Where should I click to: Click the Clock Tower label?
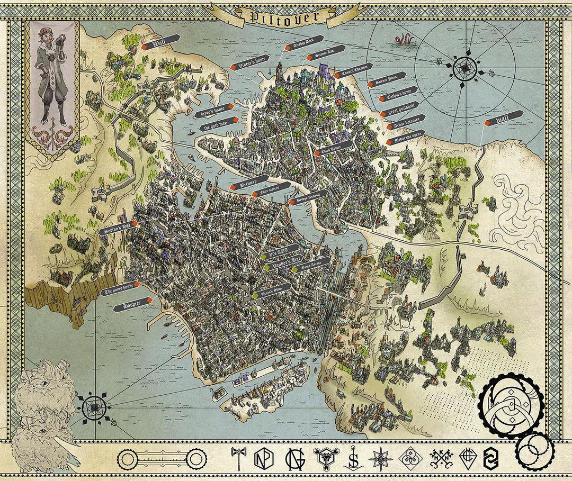click(x=334, y=147)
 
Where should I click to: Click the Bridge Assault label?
click(x=306, y=198)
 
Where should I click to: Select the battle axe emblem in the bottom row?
click(x=238, y=458)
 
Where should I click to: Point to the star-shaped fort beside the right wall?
click(x=469, y=212)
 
